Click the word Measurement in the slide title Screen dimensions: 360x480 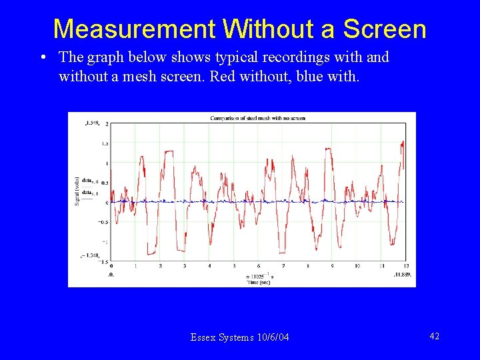tap(134, 29)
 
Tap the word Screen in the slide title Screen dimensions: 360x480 tap(384, 29)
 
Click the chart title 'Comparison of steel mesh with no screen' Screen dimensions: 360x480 tap(257, 118)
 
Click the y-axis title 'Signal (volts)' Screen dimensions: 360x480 tap(77, 190)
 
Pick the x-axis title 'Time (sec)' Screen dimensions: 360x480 tap(259, 283)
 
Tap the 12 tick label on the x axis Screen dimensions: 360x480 tap(405, 266)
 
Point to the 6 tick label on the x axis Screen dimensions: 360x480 tap(258, 266)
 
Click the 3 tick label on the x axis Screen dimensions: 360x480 tap(185, 266)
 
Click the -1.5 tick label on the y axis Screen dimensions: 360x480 tap(104, 262)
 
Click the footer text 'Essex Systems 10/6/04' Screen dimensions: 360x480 tap(240, 337)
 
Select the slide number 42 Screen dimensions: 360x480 tap(434, 337)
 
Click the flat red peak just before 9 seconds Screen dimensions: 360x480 tap(327, 150)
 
